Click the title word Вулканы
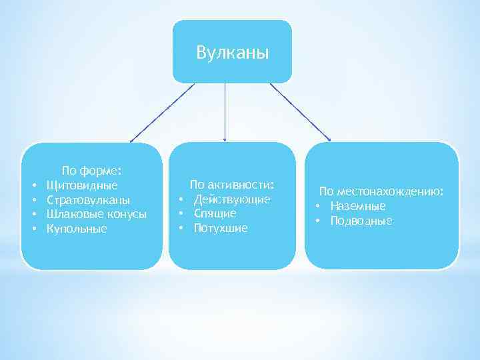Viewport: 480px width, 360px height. [233, 52]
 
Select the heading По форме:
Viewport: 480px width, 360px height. [91, 170]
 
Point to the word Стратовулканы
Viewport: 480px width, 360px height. [89, 199]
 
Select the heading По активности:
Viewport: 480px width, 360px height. [232, 184]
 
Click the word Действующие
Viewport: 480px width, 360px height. [232, 199]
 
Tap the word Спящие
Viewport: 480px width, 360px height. [215, 213]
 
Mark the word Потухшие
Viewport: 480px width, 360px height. [221, 228]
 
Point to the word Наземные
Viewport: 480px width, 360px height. [357, 206]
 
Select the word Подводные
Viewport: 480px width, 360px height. [361, 221]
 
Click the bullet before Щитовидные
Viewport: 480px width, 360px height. [32, 185]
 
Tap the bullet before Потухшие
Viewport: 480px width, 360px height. [180, 228]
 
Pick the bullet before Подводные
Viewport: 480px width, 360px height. [319, 221]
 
